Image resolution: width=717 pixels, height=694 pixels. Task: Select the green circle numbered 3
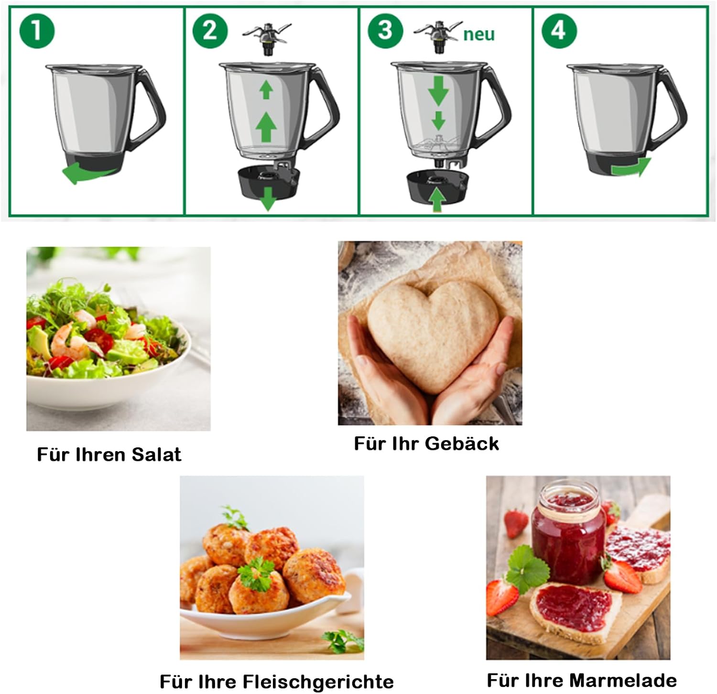pos(385,31)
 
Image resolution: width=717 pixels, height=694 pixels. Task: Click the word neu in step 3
pos(479,34)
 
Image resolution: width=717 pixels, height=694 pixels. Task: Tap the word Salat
pos(156,454)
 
